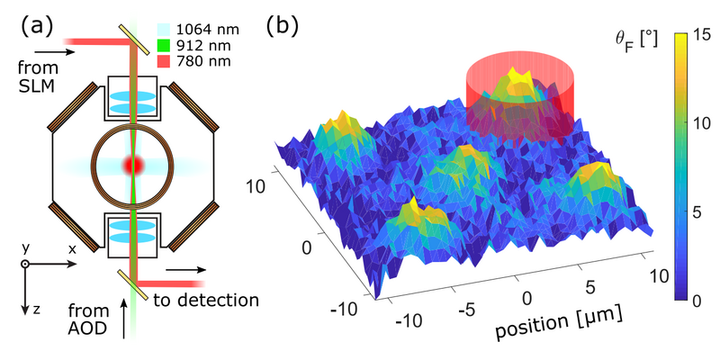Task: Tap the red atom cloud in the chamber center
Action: coord(132,166)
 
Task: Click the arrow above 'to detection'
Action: coord(190,268)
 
